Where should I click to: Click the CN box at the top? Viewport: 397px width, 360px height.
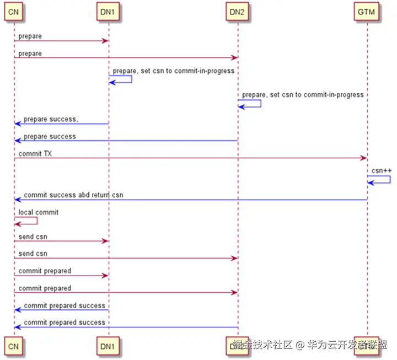[14, 12]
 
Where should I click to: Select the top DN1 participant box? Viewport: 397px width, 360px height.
[109, 12]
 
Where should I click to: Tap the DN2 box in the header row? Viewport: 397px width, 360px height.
[238, 12]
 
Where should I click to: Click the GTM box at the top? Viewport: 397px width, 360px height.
[367, 12]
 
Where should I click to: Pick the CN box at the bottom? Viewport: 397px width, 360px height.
[14, 345]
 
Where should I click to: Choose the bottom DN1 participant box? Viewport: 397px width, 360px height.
[109, 345]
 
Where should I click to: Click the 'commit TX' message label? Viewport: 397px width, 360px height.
[35, 154]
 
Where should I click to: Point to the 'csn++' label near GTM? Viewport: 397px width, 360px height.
[381, 170]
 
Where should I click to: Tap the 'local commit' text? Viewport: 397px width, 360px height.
[38, 212]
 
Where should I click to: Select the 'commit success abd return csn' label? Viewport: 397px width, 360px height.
[73, 195]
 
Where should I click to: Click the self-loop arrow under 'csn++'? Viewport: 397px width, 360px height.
[380, 180]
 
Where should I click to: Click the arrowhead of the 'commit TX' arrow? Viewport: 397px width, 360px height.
[363, 159]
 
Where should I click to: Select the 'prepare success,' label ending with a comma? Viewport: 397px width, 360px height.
[51, 119]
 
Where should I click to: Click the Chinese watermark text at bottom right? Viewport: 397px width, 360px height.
[309, 345]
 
